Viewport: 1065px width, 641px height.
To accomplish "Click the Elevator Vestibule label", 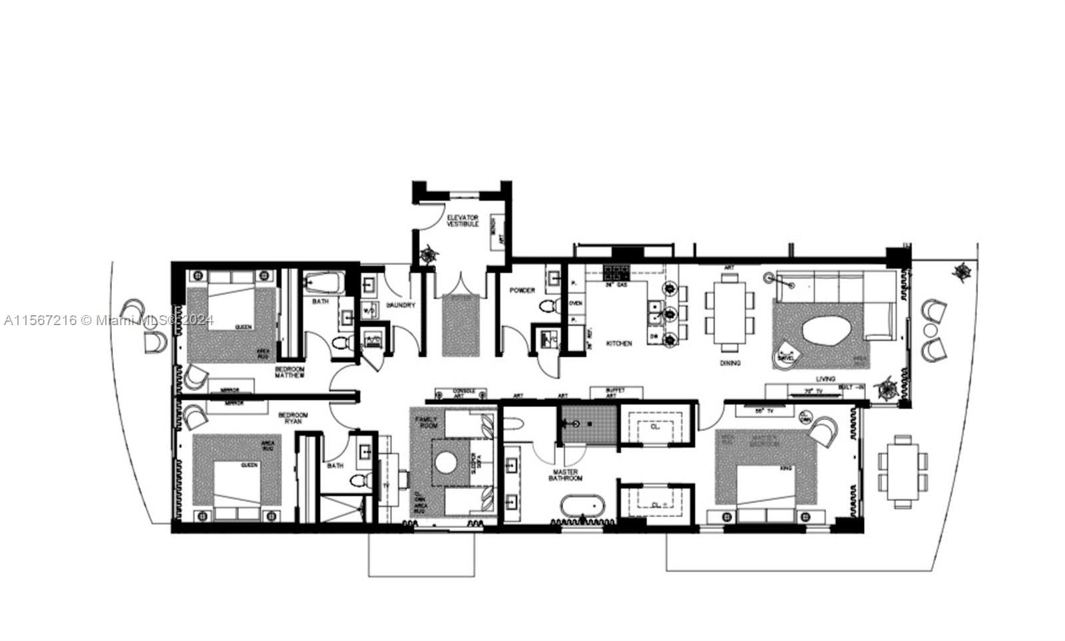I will point(463,221).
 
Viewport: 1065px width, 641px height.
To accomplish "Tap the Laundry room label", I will point(401,305).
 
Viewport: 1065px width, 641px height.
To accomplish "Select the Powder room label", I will point(523,291).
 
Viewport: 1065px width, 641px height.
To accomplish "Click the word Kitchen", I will point(618,343).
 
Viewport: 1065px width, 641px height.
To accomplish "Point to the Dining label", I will point(730,363).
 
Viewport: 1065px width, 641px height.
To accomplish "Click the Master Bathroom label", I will point(566,475).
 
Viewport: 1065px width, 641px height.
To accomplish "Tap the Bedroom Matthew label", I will point(290,372).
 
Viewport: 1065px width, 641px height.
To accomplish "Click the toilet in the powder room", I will point(548,308).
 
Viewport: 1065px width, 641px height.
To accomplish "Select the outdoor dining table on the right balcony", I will point(903,471).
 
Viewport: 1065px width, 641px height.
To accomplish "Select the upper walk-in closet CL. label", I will point(655,427).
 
